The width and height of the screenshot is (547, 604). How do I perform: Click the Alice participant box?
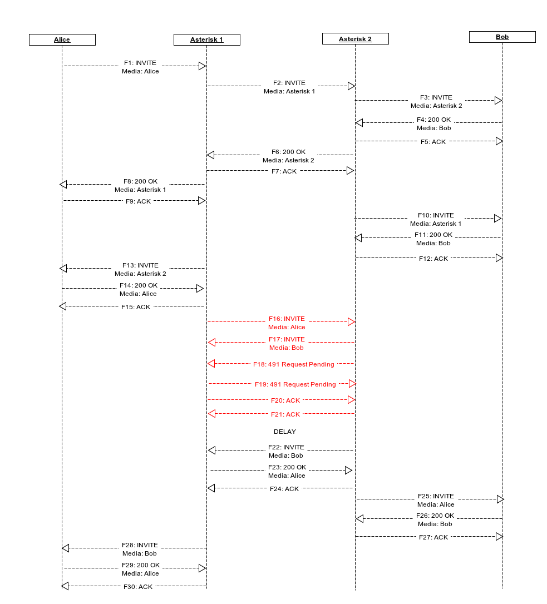tap(62, 39)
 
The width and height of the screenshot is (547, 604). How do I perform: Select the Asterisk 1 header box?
tap(206, 39)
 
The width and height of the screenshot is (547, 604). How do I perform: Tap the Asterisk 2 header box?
tap(355, 39)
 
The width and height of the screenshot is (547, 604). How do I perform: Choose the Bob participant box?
tap(502, 37)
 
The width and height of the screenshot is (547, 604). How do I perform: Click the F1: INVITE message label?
tap(140, 63)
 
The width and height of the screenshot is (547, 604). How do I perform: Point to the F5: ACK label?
tap(433, 142)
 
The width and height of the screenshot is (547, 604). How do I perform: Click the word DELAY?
tap(285, 432)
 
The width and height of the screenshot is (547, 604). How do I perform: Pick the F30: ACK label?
tap(138, 587)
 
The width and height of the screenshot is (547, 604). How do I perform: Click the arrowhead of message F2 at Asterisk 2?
tap(351, 86)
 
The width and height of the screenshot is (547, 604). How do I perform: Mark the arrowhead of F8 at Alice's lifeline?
tap(63, 184)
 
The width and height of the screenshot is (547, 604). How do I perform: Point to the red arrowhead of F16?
tap(351, 322)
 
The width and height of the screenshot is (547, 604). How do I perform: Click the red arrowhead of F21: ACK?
tap(211, 413)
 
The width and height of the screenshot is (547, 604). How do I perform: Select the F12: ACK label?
tap(433, 259)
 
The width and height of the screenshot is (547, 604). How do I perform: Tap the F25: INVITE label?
tap(436, 496)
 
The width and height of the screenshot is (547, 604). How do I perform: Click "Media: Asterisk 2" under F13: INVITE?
tap(140, 274)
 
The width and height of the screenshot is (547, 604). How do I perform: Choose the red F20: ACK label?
tap(285, 400)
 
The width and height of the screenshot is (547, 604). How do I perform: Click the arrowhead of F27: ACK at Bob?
tap(499, 537)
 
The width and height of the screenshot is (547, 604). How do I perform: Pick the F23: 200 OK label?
tap(287, 467)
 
